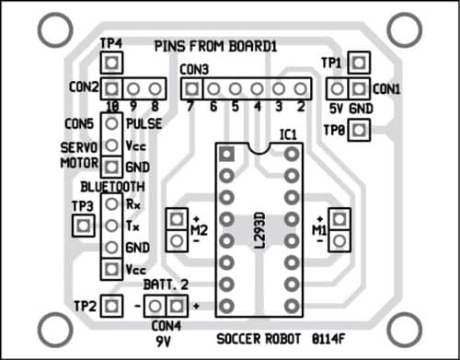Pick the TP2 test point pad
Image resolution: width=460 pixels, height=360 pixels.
[x=111, y=305]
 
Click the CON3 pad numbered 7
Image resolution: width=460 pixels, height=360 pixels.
[x=190, y=88]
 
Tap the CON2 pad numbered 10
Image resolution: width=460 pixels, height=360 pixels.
[x=111, y=88]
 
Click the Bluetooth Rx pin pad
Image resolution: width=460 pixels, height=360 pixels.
[x=111, y=203]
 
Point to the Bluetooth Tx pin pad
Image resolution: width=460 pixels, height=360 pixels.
[x=111, y=226]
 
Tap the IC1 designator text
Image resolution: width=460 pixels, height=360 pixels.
[x=289, y=135]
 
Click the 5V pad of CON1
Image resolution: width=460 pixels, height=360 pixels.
[x=337, y=88]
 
